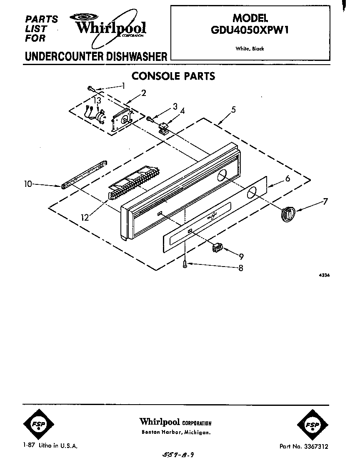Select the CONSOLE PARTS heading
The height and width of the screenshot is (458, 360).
(x=173, y=76)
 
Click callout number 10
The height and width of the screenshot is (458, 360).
(x=28, y=184)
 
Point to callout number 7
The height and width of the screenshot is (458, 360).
(x=325, y=201)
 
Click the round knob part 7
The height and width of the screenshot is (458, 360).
(x=287, y=213)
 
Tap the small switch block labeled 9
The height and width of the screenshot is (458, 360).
(x=217, y=248)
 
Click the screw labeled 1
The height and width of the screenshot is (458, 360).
(x=91, y=88)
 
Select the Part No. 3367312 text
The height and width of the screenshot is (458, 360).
(x=304, y=446)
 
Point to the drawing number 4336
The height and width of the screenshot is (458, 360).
(x=323, y=275)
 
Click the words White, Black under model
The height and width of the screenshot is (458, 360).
(x=250, y=49)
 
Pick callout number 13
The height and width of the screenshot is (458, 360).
(x=97, y=101)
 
